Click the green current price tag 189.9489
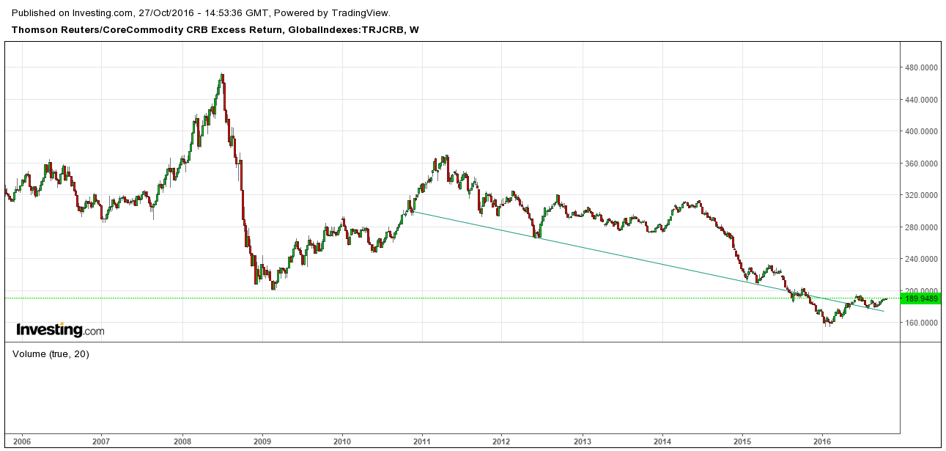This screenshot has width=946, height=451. coord(923,298)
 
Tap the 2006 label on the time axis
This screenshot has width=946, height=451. coord(21,441)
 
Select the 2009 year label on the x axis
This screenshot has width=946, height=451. coord(262,441)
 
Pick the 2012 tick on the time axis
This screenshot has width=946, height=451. coord(501,441)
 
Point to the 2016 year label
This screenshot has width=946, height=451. coord(822,441)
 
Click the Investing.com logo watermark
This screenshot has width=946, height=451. coord(60,330)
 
